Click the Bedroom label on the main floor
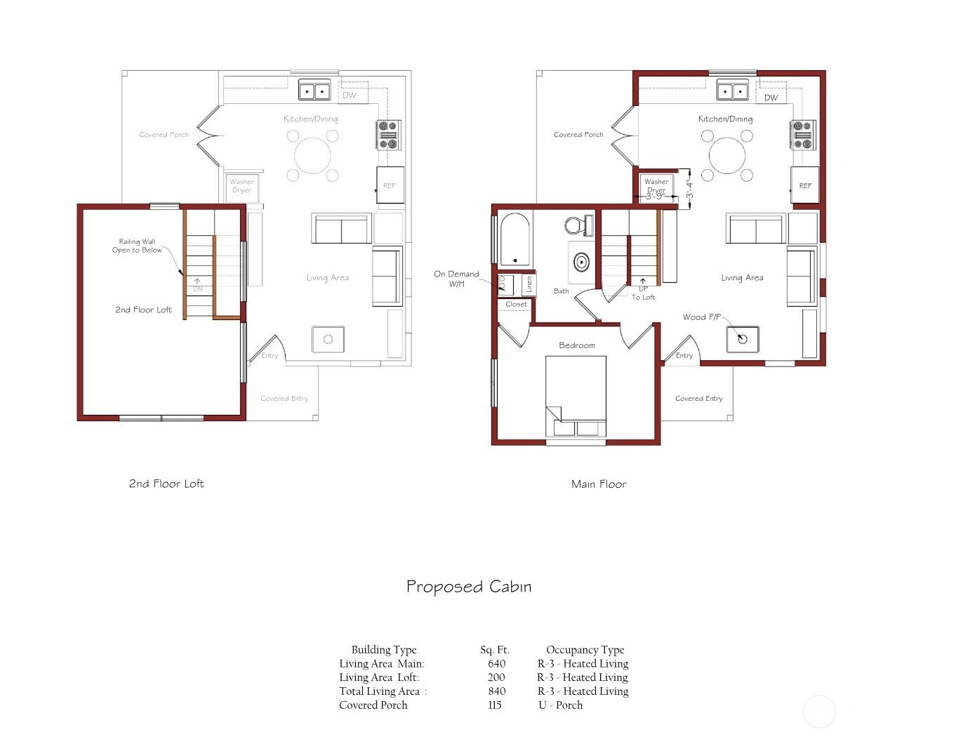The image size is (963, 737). tap(576, 345)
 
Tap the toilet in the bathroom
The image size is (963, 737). tap(579, 225)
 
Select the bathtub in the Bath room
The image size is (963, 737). tap(514, 239)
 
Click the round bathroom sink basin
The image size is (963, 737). tap(582, 263)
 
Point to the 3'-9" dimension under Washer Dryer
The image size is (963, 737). tap(655, 196)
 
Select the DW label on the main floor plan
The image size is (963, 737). tap(771, 98)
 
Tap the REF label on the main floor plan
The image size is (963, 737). tap(805, 185)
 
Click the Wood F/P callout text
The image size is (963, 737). tap(701, 317)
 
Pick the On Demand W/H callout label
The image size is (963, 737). tap(456, 279)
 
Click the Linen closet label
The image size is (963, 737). tap(529, 284)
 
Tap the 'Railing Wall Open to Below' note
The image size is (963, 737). tap(137, 246)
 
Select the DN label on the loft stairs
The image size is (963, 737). tap(197, 288)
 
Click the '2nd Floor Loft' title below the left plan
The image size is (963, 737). tap(166, 484)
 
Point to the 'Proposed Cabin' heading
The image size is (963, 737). tap(469, 587)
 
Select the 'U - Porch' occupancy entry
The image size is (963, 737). tap(560, 705)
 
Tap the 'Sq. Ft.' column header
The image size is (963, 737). tap(494, 650)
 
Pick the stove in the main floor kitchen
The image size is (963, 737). tap(803, 135)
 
